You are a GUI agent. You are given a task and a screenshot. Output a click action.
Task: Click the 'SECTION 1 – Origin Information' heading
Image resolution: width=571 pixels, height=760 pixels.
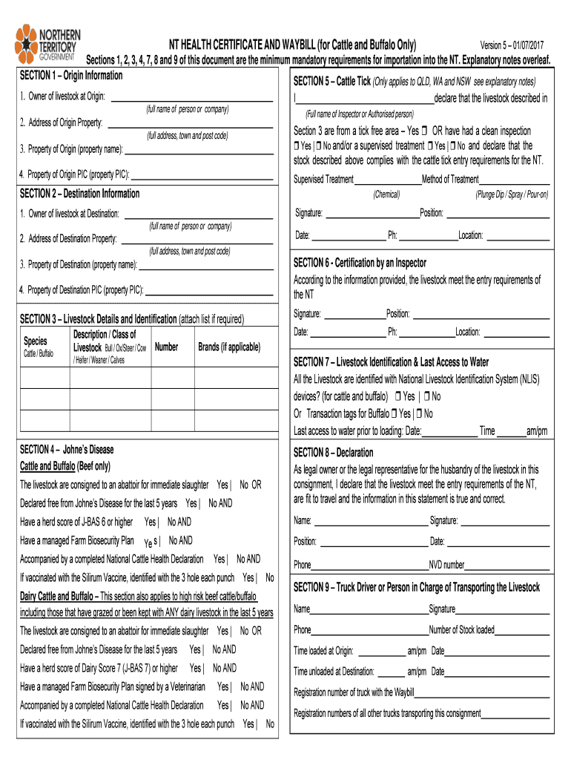coord(71,76)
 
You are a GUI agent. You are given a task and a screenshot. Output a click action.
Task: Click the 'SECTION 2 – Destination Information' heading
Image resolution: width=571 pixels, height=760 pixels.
coord(79,194)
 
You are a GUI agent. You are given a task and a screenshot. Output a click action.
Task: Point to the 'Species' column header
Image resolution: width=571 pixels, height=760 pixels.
coord(36,341)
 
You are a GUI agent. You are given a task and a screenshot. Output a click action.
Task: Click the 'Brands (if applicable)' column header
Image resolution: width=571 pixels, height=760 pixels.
coord(229,347)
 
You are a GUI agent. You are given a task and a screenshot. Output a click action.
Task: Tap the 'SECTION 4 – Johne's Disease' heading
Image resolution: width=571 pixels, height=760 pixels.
coord(67,450)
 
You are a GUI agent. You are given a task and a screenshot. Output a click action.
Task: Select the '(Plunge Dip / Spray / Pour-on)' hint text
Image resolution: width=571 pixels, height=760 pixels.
coord(512,194)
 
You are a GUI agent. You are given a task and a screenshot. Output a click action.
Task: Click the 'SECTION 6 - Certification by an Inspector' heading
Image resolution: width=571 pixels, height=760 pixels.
coord(360,263)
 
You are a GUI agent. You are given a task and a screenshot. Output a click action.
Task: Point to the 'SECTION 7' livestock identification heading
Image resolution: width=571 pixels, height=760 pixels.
coord(391,362)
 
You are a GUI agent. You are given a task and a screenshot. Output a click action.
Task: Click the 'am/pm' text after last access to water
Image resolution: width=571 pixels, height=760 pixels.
coord(536,431)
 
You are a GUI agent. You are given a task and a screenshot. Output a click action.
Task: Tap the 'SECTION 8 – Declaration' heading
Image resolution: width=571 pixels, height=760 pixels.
coord(333,452)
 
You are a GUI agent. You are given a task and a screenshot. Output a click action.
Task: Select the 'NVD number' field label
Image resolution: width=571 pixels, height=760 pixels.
coord(447,565)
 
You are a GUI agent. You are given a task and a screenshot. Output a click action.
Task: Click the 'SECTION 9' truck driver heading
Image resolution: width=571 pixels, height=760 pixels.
coord(417,588)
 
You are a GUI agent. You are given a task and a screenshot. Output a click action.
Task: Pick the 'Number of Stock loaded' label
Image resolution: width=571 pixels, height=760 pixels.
coord(461,630)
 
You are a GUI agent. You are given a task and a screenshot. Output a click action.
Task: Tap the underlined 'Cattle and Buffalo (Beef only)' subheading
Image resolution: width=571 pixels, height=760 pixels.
coord(65,466)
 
